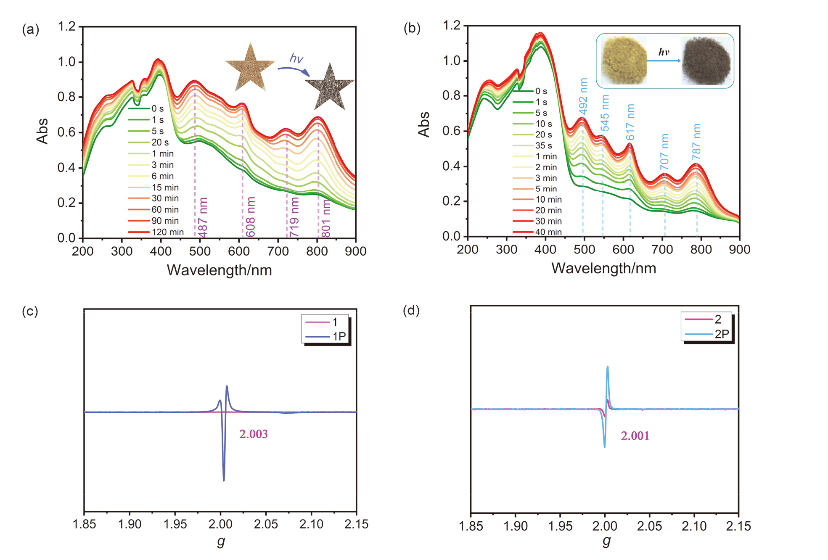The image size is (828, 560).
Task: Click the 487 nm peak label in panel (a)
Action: click(x=203, y=217)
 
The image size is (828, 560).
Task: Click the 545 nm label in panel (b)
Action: click(x=605, y=113)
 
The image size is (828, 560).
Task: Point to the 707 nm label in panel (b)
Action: click(x=664, y=152)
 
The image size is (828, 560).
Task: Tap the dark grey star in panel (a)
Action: click(x=330, y=87)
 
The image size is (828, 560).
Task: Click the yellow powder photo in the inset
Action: click(x=624, y=61)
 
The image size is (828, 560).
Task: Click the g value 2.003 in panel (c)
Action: click(x=253, y=434)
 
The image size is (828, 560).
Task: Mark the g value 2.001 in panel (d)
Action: click(x=635, y=436)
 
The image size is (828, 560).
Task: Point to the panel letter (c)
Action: click(x=30, y=312)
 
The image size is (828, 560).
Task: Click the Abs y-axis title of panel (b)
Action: click(x=424, y=124)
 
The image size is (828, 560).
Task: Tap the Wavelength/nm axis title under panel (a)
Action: click(x=219, y=270)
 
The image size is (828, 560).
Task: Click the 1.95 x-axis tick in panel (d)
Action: click(x=560, y=526)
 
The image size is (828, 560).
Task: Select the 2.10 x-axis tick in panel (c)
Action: click(x=311, y=524)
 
